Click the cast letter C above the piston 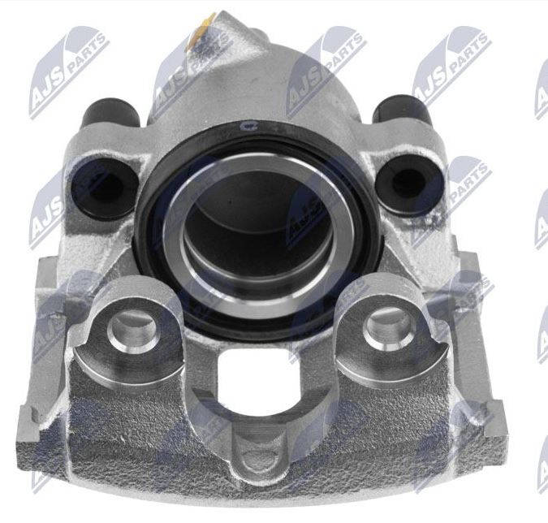244,127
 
